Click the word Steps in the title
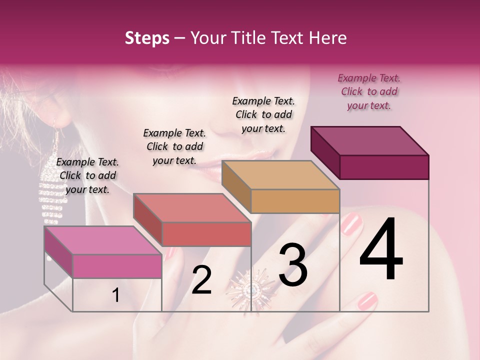coord(147,38)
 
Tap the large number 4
coord(381,250)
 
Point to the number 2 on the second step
coord(201,280)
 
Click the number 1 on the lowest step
coord(115,295)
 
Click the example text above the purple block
coord(369,91)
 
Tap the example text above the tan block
coord(263,114)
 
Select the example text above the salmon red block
coord(174,146)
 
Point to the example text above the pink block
coord(87,175)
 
